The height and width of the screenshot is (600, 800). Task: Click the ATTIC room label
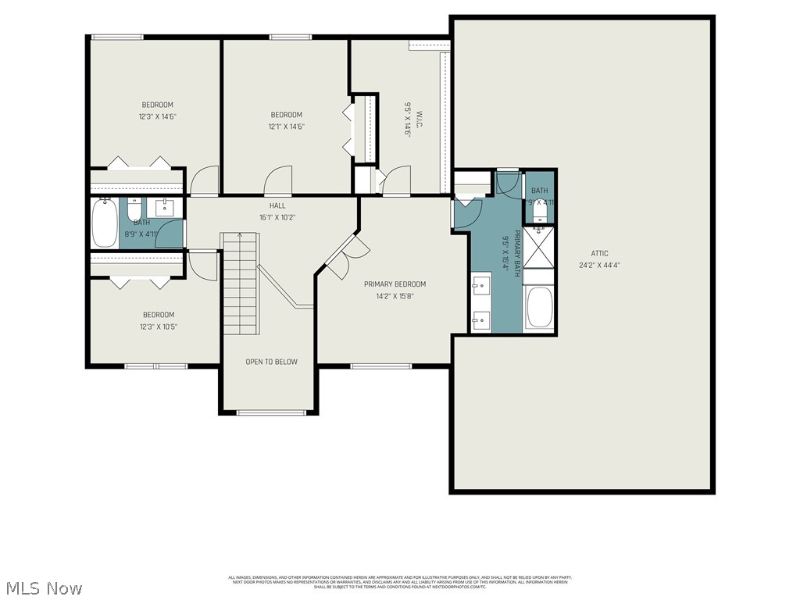point(599,253)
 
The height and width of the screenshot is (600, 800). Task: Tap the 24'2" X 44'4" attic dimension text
point(599,265)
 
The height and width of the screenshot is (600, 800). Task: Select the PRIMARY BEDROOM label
point(395,284)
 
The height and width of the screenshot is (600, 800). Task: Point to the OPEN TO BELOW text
point(271,362)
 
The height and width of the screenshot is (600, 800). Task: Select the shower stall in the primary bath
point(537,245)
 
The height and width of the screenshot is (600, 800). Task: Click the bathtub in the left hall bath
point(105,223)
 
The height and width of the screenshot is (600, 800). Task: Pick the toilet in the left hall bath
point(134,211)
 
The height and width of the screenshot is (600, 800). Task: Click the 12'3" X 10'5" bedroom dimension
point(159,327)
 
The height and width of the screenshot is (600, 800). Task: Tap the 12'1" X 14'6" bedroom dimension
point(287,127)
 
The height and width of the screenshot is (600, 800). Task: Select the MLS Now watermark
point(42,587)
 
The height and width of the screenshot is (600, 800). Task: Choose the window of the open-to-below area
point(269,412)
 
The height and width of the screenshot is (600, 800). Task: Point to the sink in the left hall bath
point(165,208)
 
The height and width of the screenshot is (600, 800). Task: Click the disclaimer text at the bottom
point(399,582)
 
